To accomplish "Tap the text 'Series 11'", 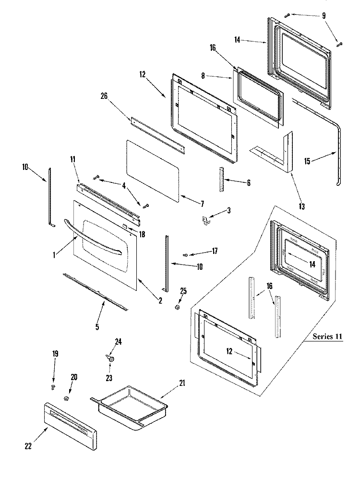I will (x=328, y=336).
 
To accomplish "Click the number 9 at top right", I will (x=324, y=16).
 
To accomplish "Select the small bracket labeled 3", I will (x=205, y=220).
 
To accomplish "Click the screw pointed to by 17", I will (x=185, y=255).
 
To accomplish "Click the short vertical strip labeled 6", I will (x=221, y=180).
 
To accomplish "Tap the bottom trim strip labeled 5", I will (x=96, y=291).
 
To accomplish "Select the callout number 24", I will (x=119, y=342).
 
